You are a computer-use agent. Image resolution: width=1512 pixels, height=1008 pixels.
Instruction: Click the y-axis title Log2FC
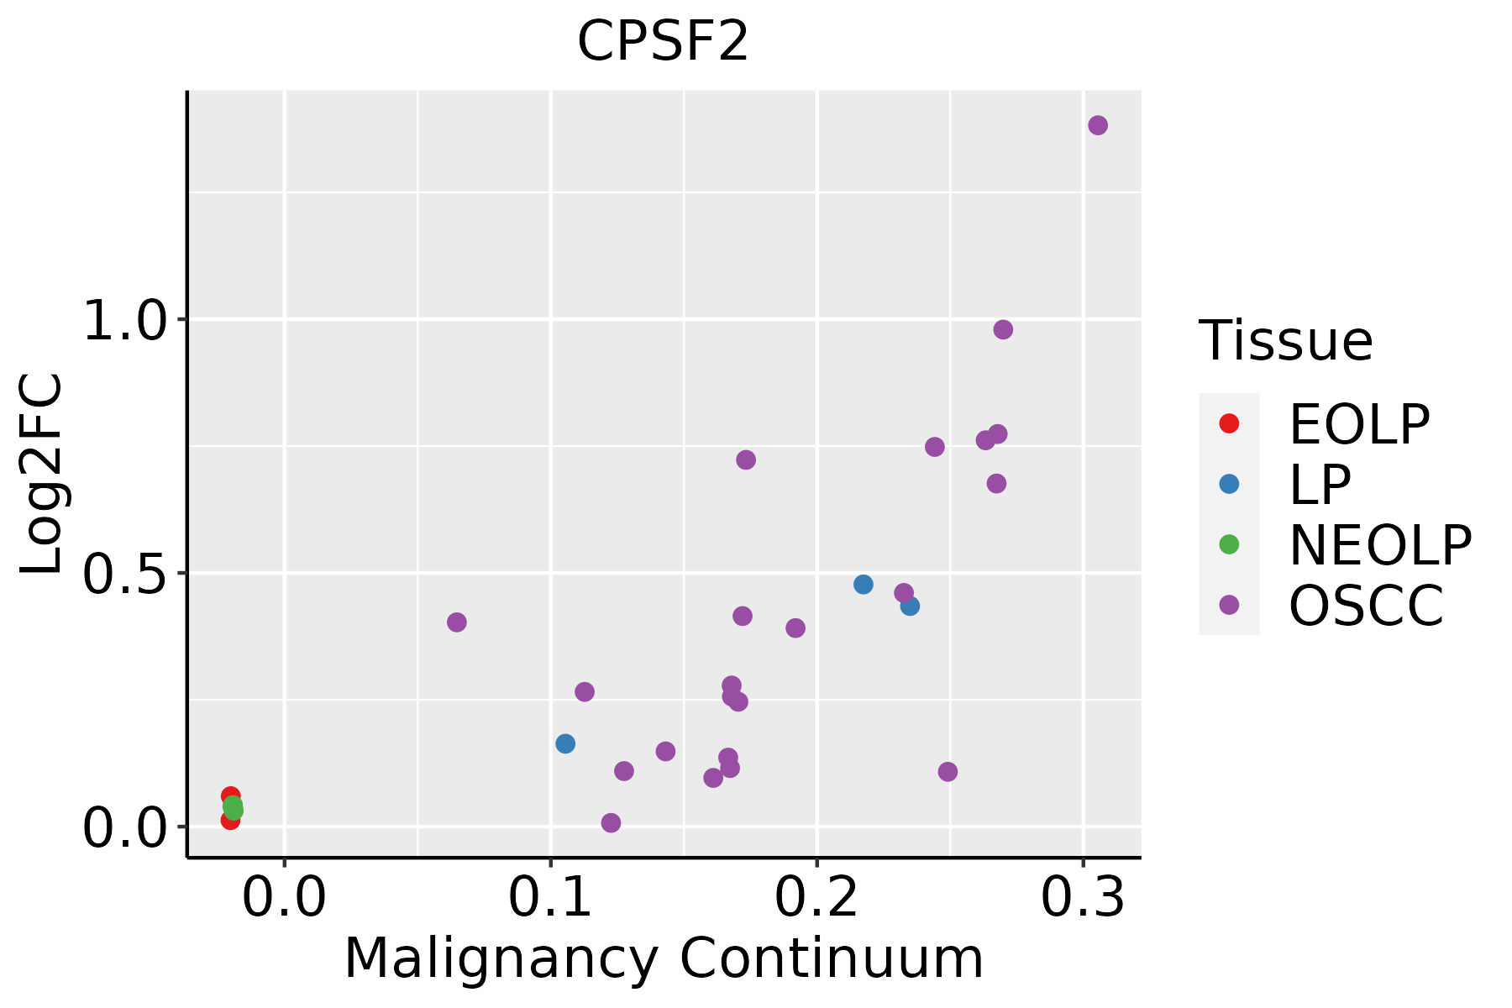tap(42, 475)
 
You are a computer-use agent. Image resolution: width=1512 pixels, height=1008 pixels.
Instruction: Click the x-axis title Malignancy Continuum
tap(663, 958)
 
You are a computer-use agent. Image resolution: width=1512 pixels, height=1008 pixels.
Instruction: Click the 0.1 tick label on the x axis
tap(550, 898)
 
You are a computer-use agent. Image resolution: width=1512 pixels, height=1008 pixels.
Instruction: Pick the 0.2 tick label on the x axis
tap(816, 898)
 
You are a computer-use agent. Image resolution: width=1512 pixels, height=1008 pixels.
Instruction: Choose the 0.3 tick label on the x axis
tap(1083, 898)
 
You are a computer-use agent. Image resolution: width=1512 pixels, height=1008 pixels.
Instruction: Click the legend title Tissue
tap(1285, 341)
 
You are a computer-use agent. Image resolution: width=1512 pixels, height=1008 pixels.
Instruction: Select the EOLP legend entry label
tap(1358, 424)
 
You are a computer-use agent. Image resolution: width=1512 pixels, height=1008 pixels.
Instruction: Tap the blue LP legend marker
tap(1229, 484)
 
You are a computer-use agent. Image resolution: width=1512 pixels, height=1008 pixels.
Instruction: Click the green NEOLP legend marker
tap(1229, 544)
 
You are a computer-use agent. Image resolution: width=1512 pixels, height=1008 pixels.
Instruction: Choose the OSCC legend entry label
tap(1366, 606)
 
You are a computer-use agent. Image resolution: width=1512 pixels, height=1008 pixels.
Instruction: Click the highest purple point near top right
tap(1098, 125)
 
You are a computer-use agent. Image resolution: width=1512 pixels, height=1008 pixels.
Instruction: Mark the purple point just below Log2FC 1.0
tap(1003, 329)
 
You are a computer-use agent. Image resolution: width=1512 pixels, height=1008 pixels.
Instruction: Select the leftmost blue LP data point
tap(565, 743)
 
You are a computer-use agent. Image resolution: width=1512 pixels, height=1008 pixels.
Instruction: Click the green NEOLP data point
tap(234, 808)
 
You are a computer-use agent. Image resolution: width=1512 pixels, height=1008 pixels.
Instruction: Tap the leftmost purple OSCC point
tap(457, 622)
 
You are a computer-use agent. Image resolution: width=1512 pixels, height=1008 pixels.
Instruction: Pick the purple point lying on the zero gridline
tap(611, 822)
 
